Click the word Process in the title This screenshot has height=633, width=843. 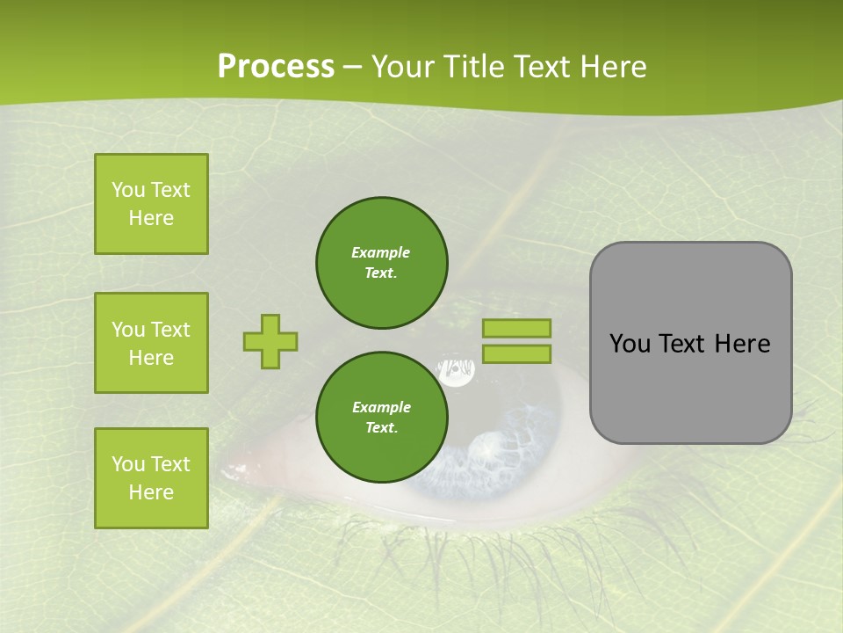[276, 67]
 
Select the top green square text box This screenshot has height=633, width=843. [151, 204]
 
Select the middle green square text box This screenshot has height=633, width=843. [151, 343]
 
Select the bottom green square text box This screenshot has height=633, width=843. [151, 477]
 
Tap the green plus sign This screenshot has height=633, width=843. [270, 341]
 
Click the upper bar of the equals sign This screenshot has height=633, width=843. [517, 328]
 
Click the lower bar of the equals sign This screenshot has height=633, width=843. [517, 354]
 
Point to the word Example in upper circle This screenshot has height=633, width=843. [380, 252]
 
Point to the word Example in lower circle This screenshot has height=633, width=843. [381, 407]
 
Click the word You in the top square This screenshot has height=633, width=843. [127, 190]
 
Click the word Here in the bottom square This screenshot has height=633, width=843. [151, 492]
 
